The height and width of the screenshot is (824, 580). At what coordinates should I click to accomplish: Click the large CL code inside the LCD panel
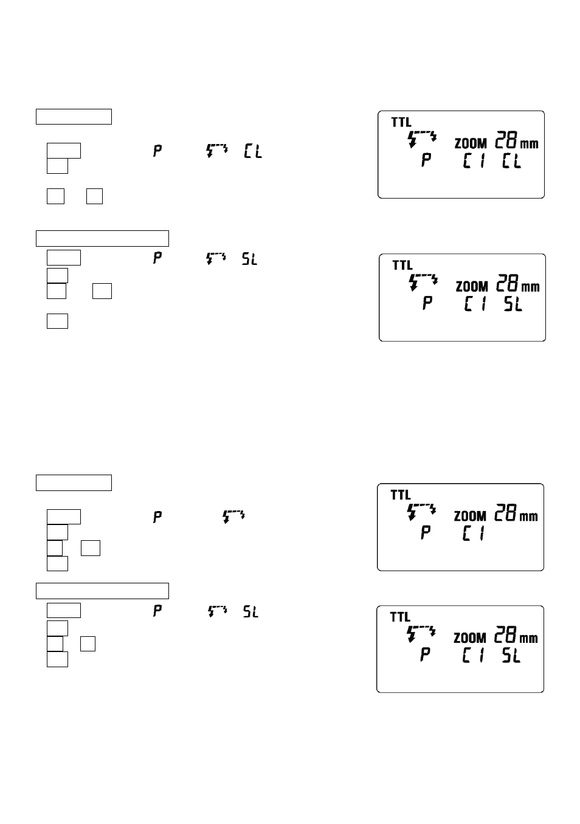pos(511,161)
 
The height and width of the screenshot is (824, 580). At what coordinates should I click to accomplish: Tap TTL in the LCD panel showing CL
pos(401,123)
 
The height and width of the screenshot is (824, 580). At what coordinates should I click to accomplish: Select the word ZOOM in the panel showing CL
pos(471,144)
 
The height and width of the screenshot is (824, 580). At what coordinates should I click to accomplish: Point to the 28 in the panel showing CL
pos(506,141)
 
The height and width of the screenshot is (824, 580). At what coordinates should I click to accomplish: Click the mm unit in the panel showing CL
pos(530,144)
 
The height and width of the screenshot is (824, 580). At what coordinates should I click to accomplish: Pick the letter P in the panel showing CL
pos(427,161)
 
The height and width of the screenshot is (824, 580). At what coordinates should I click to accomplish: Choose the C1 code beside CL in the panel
pos(474,161)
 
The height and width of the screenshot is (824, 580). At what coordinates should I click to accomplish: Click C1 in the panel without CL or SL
pos(474,534)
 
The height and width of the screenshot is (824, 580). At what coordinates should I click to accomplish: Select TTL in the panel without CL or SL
pos(401,495)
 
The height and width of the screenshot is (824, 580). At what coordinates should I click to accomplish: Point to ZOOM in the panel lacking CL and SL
pos(471,517)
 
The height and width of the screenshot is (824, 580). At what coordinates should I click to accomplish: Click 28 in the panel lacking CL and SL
pos(506,513)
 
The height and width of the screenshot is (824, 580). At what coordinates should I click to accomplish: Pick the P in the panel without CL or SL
pos(426,534)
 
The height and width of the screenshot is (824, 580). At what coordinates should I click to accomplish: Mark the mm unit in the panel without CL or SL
pos(529,517)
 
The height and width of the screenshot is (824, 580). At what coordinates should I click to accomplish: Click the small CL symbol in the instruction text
pos(253,151)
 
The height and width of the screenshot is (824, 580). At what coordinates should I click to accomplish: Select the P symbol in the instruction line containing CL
pos(157,151)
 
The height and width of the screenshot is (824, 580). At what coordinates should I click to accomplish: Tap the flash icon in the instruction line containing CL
pos(217,150)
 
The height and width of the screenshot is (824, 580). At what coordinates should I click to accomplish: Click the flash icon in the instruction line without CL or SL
pos(234,517)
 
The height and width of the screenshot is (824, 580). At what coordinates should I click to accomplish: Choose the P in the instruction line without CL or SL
pos(157,518)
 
